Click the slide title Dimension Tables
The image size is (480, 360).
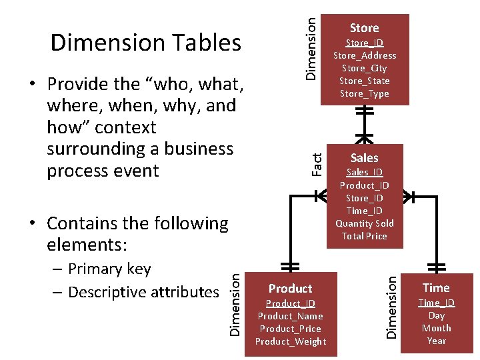(145, 43)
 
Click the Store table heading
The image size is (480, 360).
(364, 28)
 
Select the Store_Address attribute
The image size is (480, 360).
(364, 55)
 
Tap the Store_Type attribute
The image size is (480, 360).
(364, 93)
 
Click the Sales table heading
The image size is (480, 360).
(364, 158)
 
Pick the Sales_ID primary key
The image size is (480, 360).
(364, 173)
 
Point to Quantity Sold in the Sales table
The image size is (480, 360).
(364, 223)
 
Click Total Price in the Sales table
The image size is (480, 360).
(364, 236)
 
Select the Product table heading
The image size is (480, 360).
(290, 289)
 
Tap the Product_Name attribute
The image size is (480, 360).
(290, 316)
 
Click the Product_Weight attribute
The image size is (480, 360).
(290, 341)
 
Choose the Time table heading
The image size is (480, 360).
(436, 288)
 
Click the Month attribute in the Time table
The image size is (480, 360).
(436, 328)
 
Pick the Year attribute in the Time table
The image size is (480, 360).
(436, 341)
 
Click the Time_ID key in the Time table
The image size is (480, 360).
(436, 303)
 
